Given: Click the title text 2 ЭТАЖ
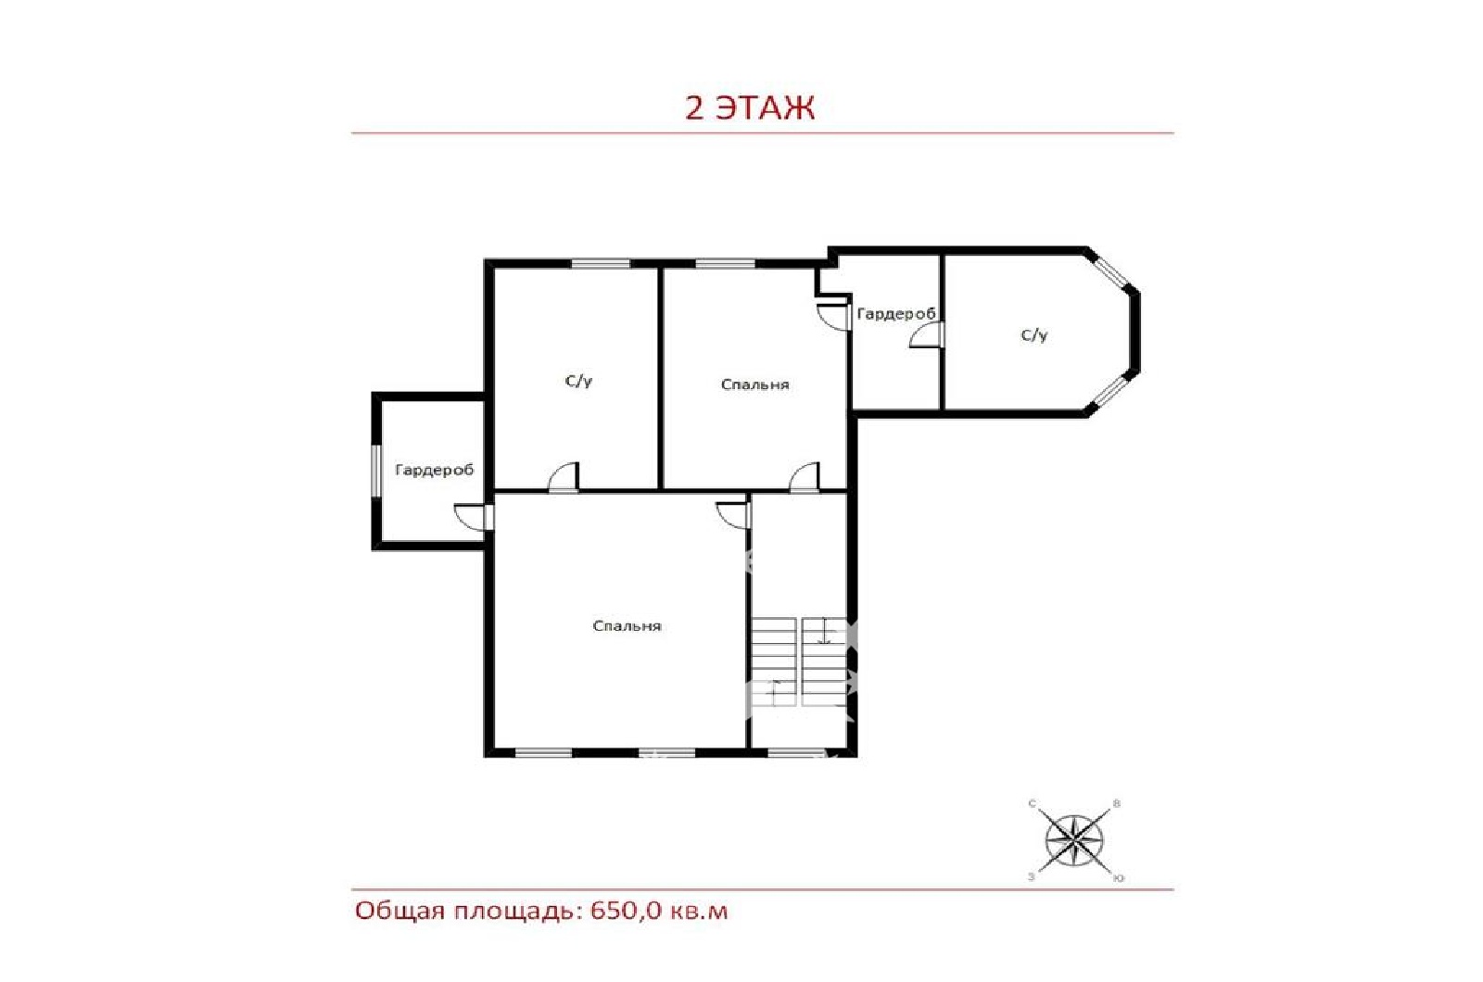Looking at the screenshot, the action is (x=750, y=107).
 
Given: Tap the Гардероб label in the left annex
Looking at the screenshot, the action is (x=435, y=470).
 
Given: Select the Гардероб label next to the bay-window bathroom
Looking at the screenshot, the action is (x=896, y=314).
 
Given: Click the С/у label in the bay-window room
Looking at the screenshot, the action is (x=1034, y=335).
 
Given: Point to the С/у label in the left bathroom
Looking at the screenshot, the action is (x=578, y=381).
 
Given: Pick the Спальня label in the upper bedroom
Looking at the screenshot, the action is (x=754, y=384).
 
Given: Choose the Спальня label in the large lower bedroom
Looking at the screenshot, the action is (x=627, y=626).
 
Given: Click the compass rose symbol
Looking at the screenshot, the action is (x=1074, y=841).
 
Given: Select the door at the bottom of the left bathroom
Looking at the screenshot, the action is (x=564, y=477).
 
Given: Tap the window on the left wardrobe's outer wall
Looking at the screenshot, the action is (x=375, y=470).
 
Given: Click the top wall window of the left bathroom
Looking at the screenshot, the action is (x=601, y=263).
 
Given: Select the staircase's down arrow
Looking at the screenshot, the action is (x=824, y=631).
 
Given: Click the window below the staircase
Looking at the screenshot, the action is (x=797, y=752).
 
